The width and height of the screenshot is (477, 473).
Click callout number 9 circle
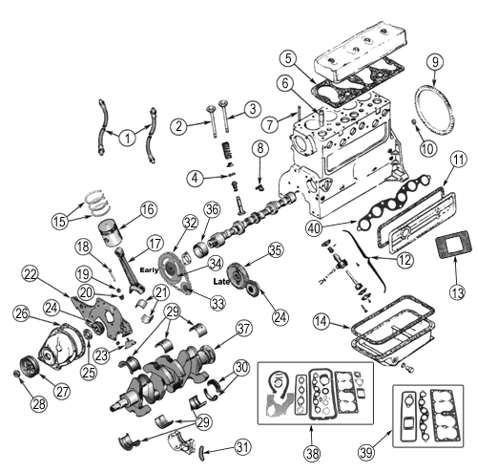tap(434, 64)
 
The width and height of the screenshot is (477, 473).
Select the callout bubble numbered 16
tap(147, 209)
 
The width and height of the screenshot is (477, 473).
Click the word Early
tap(148, 269)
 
